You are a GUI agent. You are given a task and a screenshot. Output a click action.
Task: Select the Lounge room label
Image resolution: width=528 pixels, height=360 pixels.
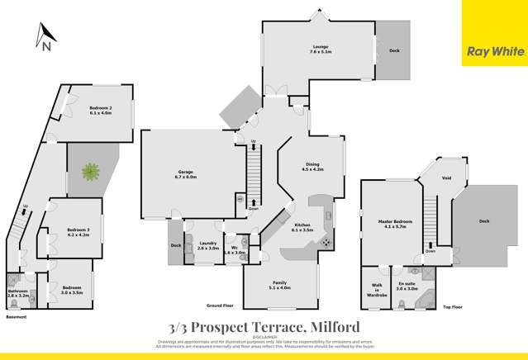point(321,48)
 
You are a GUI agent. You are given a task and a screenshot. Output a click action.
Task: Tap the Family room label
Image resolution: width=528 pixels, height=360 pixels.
point(280,285)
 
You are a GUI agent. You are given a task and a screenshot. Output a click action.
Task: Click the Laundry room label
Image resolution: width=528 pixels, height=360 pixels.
point(207,245)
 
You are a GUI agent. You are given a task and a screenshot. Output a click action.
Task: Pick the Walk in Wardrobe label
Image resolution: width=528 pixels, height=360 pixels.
point(376,292)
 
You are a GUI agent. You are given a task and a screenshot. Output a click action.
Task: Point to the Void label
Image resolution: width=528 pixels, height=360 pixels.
point(446,177)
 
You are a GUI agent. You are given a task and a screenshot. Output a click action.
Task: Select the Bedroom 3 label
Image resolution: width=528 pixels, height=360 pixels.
point(78,232)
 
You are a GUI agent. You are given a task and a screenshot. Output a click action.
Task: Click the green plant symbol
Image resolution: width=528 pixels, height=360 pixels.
point(90,172)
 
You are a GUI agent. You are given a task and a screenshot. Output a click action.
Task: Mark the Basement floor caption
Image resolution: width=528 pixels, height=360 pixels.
point(17,317)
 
